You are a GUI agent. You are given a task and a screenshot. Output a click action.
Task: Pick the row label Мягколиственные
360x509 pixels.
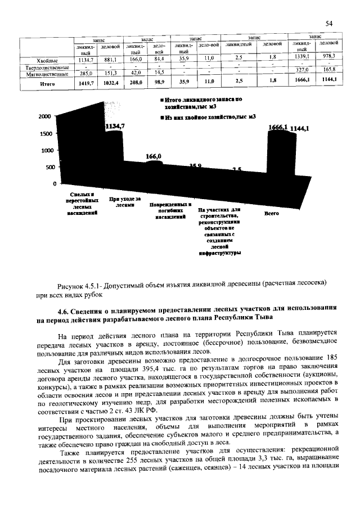(45, 73)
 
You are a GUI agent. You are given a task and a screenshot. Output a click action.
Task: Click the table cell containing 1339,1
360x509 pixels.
(303, 57)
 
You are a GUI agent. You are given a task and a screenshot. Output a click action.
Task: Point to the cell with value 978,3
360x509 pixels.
(328, 56)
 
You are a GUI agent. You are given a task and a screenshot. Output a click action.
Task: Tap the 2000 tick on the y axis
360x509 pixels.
(44, 117)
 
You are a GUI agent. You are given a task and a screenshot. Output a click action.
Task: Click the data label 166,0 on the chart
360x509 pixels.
(154, 156)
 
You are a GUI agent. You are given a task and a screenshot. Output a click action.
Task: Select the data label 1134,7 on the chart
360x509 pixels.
(115, 127)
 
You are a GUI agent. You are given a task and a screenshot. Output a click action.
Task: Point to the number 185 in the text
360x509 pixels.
(330, 357)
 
